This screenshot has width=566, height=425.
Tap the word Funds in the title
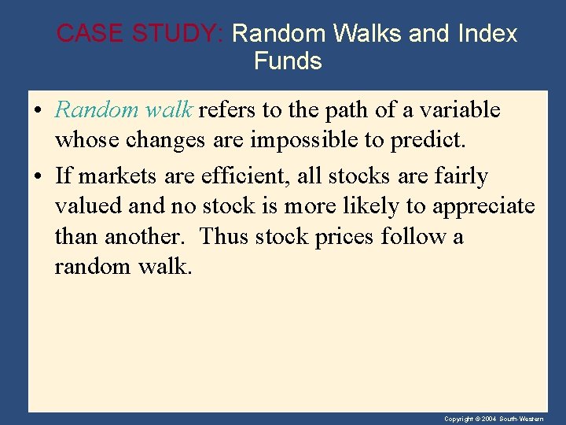[x=288, y=61]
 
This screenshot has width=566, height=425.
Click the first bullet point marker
[x=39, y=111]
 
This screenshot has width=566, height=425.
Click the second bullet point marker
[x=39, y=177]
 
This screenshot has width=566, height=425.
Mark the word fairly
[x=460, y=176]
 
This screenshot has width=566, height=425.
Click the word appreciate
[x=482, y=207]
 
